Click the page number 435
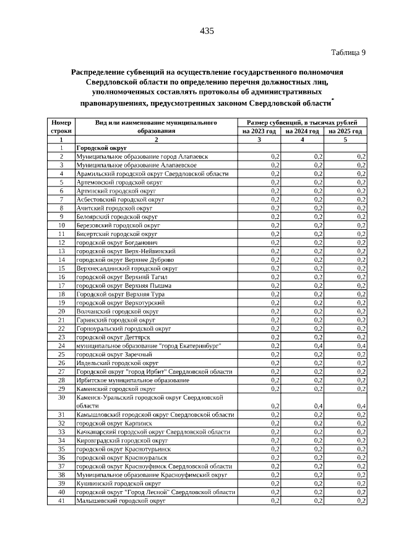coord(207,31)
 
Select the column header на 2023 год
coord(259,132)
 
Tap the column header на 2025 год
coord(345,132)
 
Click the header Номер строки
coord(61,127)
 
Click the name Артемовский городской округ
coord(119,183)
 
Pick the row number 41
coord(61,500)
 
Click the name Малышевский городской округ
coord(120,500)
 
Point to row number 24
coord(61,346)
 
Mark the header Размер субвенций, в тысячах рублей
coord(302,123)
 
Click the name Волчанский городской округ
coord(116,312)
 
